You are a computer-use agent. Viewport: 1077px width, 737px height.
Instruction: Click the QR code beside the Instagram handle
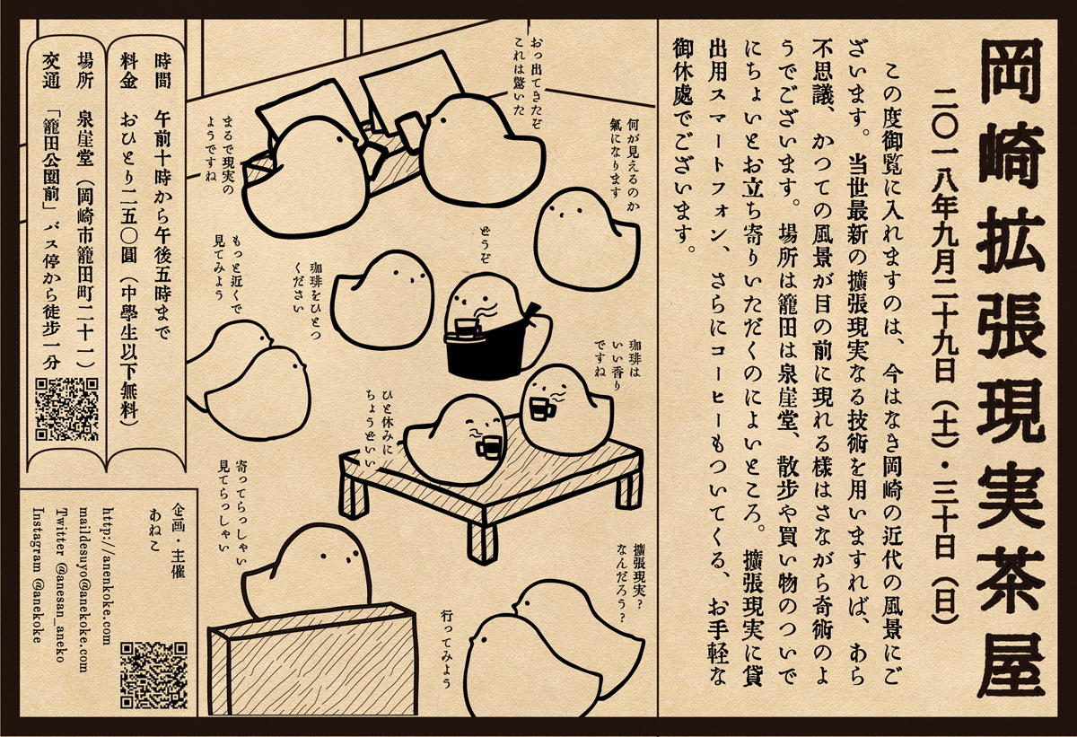(x=153, y=674)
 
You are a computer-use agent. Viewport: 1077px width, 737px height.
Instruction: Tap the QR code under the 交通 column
(x=67, y=409)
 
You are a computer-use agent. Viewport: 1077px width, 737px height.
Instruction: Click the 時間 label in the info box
(x=162, y=71)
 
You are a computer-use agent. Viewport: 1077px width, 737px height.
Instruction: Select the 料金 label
(x=129, y=71)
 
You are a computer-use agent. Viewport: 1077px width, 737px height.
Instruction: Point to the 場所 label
(x=85, y=71)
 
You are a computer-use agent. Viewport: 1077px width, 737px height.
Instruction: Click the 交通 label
(x=51, y=71)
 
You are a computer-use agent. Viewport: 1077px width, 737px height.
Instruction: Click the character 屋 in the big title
(x=1011, y=667)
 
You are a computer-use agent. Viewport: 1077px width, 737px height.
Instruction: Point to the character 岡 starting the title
(x=1011, y=70)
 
